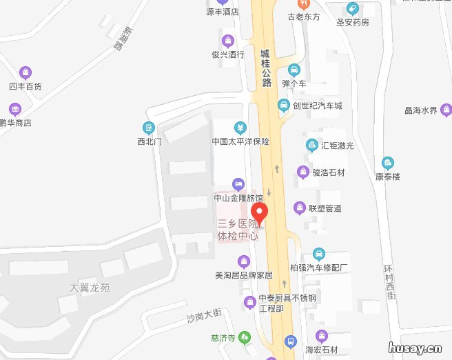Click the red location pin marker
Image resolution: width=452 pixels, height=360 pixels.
coord(259,212)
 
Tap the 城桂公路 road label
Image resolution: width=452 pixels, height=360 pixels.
coord(266,68)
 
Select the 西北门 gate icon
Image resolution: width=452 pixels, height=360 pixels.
coord(148,128)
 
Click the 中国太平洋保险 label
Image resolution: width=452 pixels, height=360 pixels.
coord(240,141)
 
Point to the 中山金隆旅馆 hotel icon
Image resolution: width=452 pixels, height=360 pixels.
coord(238,184)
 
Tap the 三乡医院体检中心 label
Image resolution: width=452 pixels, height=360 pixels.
coord(238,230)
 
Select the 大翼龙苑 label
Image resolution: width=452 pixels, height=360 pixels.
coord(90,287)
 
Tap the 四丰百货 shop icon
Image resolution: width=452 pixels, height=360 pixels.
coord(25,72)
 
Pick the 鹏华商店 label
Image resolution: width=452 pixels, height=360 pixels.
coord(16,123)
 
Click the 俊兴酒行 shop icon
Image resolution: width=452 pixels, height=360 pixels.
coord(228,40)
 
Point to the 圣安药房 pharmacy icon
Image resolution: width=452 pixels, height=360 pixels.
coord(353,9)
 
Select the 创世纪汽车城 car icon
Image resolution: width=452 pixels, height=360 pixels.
coord(283,105)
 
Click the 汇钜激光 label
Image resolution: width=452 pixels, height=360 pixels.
coord(338,146)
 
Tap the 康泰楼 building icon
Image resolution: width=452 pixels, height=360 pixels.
coord(388,163)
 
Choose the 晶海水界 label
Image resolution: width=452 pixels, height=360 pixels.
coord(421,110)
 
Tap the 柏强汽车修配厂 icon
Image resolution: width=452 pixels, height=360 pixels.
coord(318,253)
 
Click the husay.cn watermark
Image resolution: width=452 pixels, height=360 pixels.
coord(414,348)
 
